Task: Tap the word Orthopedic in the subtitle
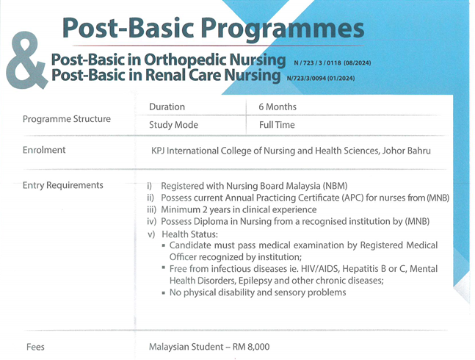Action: click(x=184, y=60)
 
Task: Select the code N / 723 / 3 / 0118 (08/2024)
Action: click(x=333, y=63)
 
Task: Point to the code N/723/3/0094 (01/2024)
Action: click(x=321, y=78)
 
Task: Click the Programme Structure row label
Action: click(x=67, y=119)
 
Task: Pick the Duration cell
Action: click(x=167, y=107)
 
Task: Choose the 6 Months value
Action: click(x=278, y=107)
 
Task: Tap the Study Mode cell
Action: click(x=173, y=125)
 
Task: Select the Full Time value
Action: click(x=277, y=125)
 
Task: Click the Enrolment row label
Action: click(x=44, y=150)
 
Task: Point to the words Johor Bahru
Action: click(x=406, y=151)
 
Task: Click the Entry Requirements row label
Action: click(x=62, y=185)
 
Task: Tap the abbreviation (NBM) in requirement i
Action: click(x=335, y=186)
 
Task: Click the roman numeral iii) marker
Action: click(x=151, y=209)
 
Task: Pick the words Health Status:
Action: click(x=190, y=234)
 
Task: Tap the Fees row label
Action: click(x=35, y=347)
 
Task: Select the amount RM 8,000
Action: click(x=251, y=347)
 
